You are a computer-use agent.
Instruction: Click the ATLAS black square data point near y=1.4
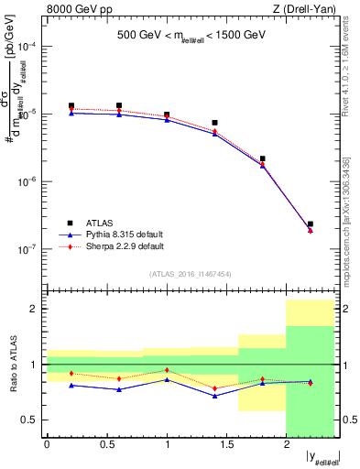click(x=214, y=123)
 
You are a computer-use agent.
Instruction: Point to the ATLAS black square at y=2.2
click(x=311, y=224)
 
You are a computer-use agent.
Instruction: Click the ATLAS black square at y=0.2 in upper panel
click(x=71, y=106)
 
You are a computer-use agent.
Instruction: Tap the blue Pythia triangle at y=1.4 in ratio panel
click(x=214, y=396)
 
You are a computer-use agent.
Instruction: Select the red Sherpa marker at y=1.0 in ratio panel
click(x=167, y=370)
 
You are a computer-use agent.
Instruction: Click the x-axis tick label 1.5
click(x=226, y=444)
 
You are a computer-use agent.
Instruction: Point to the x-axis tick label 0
click(x=47, y=444)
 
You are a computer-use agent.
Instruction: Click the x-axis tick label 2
click(x=287, y=444)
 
